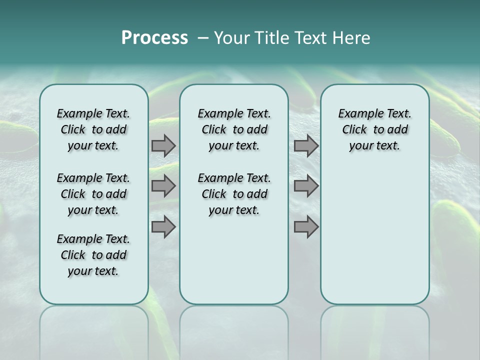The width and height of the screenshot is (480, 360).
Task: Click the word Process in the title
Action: [x=154, y=38]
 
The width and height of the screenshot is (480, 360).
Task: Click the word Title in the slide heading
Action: [x=269, y=38]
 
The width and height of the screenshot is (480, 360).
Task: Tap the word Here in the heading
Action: [x=351, y=38]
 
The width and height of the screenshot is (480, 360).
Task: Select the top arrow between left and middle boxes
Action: [x=163, y=145]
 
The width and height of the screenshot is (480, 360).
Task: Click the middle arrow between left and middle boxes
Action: [x=163, y=186]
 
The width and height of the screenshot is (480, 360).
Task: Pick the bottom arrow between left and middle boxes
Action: [x=163, y=226]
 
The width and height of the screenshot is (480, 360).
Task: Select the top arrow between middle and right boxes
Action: [x=306, y=145]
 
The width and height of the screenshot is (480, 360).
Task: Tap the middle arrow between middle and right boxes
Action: [x=306, y=186]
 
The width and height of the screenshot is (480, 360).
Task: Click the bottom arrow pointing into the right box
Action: [x=306, y=226]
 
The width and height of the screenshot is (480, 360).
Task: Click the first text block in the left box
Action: [x=93, y=129]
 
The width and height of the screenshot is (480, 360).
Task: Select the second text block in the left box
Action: [x=93, y=194]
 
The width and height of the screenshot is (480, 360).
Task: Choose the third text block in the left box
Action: [x=93, y=255]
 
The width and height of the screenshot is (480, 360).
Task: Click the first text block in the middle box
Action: [x=234, y=129]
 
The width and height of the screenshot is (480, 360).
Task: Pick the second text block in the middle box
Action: [x=234, y=194]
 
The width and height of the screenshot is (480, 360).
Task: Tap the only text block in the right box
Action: [x=374, y=129]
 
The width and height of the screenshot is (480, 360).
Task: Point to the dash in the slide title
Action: [x=203, y=38]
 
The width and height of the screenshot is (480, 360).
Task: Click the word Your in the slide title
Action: [x=231, y=38]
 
